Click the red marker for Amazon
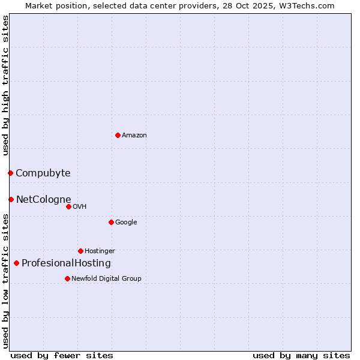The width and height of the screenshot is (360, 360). pos(118,135)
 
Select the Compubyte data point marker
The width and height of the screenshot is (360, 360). pos(10,173)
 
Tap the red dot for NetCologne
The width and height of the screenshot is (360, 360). pos(11,199)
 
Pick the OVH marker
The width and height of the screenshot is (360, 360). pos(68,206)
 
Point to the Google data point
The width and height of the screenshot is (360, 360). pos(111,222)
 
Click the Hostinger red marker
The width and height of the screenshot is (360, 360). pos(80,251)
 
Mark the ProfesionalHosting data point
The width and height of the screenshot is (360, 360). pos(16,263)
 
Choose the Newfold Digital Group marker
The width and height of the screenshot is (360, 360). pos(67,278)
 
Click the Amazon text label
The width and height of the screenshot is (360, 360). pos(134,136)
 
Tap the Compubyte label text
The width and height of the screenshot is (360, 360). pos(43,173)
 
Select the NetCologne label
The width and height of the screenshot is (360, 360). pos(43,200)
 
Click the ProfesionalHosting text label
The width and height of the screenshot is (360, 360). pos(66,263)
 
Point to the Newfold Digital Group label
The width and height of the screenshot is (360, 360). pos(106,278)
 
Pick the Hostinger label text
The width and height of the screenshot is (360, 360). pos(100,251)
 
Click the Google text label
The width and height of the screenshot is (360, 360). pos(126,223)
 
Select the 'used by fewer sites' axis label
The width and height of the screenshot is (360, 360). pos(62,355)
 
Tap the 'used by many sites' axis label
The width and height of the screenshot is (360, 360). pos(301,355)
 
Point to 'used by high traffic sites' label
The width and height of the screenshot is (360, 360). pos(6,85)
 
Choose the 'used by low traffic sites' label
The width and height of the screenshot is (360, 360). pos(6,280)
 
